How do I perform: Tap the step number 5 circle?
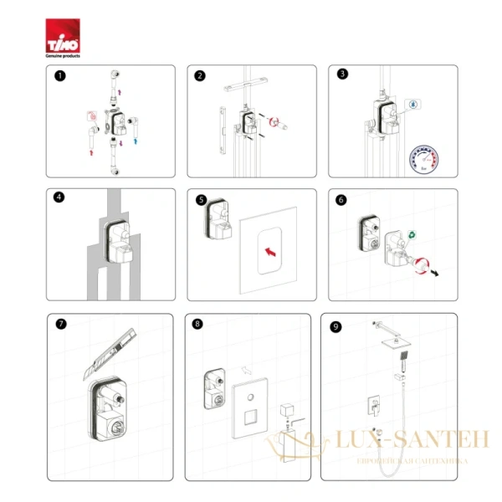coord(200,201)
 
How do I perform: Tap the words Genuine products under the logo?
coord(63,55)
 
